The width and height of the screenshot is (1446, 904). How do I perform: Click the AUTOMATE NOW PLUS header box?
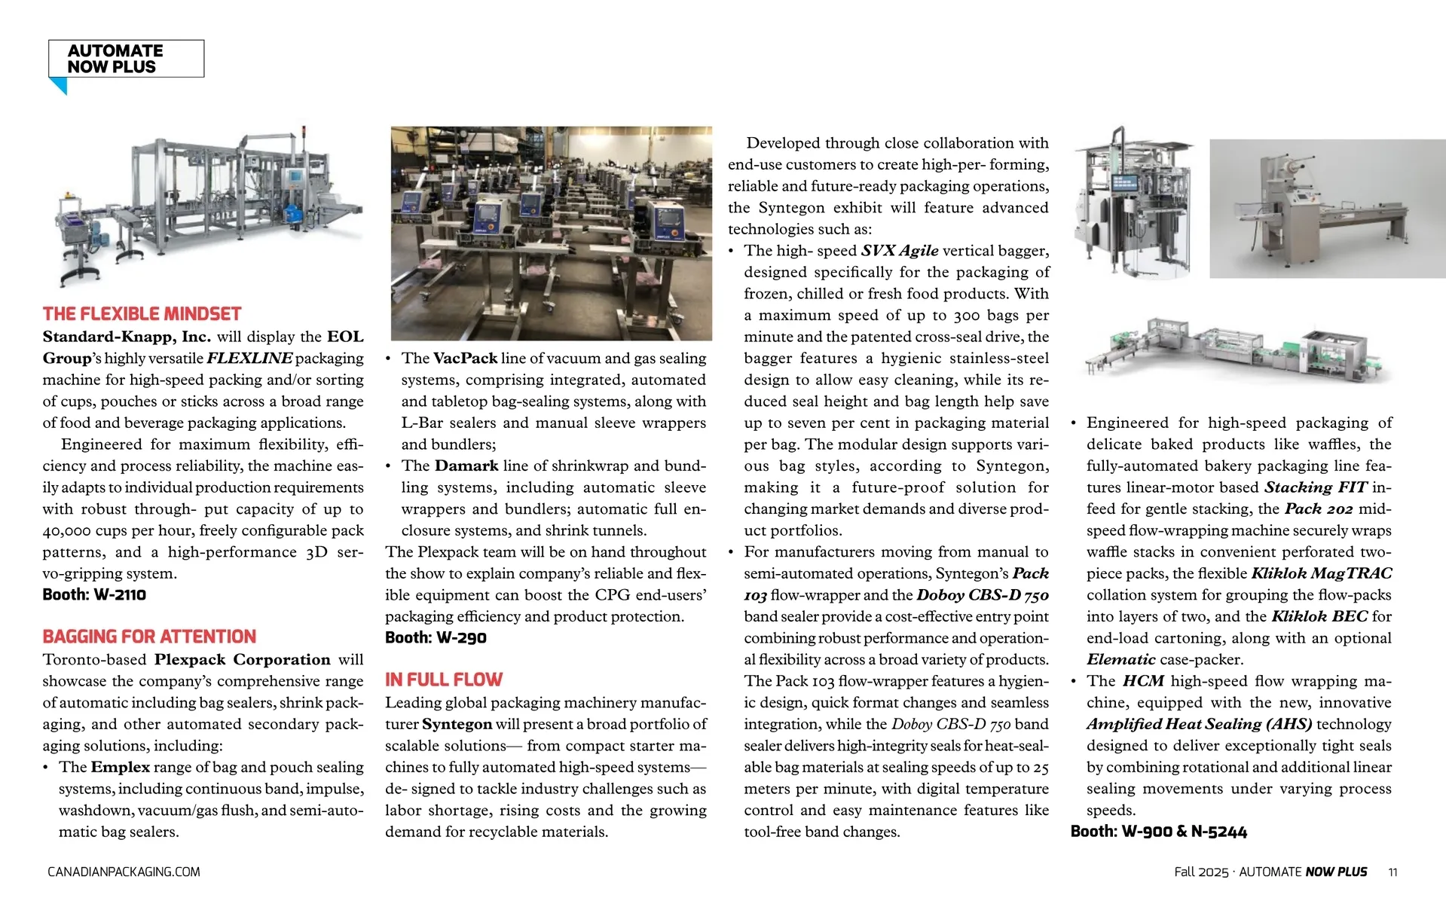(x=126, y=59)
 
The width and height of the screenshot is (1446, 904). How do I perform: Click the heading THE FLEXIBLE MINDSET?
(x=142, y=314)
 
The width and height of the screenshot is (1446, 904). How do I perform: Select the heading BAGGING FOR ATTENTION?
(x=149, y=637)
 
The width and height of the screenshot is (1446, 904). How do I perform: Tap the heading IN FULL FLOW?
(x=443, y=680)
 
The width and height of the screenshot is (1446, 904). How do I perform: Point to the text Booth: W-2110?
(x=94, y=594)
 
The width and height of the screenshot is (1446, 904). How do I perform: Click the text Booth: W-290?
(x=436, y=637)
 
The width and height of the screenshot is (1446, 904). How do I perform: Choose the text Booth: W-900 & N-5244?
(x=1158, y=832)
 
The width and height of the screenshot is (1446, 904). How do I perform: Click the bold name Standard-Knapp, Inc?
(x=127, y=337)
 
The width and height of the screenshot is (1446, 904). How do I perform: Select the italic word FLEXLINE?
(x=249, y=359)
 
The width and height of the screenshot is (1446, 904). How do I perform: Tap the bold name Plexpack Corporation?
(x=242, y=660)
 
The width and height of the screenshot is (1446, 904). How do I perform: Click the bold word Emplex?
(x=120, y=767)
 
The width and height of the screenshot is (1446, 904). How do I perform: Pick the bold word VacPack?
(x=465, y=359)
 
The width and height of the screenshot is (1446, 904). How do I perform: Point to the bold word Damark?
(x=466, y=466)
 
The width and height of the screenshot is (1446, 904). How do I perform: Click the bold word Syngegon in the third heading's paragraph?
(x=457, y=724)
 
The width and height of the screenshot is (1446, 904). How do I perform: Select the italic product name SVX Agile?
(x=900, y=251)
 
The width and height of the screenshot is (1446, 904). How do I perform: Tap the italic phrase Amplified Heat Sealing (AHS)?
(x=1199, y=724)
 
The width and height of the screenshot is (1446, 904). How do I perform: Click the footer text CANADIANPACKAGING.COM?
(x=124, y=872)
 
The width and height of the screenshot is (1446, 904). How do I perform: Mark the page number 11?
(x=1393, y=872)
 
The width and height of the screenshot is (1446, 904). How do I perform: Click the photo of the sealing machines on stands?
(x=551, y=234)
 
